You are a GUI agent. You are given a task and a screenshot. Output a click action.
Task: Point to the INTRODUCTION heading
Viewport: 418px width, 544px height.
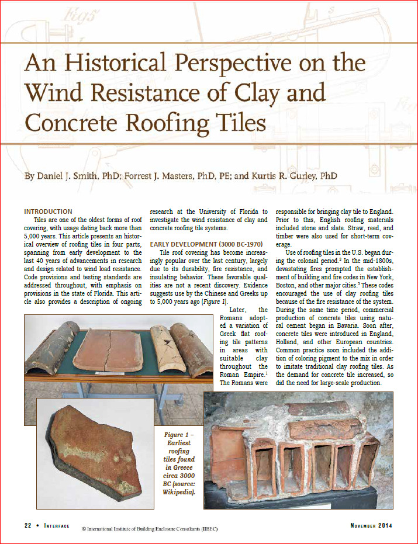pos(48,212)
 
